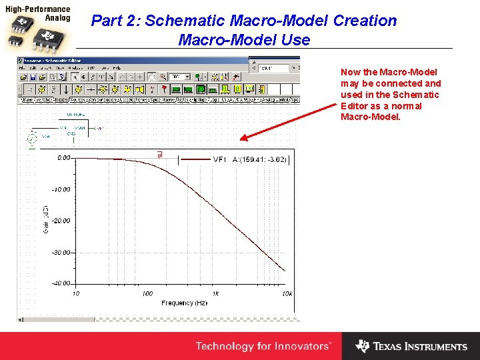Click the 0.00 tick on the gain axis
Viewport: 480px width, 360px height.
point(63,159)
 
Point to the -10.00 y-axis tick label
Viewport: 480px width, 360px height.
point(62,190)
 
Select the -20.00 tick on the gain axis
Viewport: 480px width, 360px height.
point(62,221)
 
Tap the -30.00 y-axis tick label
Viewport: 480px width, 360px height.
point(62,253)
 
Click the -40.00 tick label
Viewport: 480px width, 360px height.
point(62,283)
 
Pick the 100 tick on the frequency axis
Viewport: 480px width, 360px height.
point(147,293)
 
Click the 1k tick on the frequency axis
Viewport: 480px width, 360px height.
point(215,293)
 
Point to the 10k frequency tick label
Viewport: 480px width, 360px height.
point(287,293)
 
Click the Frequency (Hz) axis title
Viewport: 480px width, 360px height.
point(184,303)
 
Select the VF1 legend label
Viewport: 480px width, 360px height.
point(220,160)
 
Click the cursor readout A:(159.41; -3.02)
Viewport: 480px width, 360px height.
point(259,160)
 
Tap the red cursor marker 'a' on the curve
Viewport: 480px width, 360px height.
point(159,155)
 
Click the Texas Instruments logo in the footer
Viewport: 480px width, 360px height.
point(411,346)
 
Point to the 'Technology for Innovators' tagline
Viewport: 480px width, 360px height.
point(263,346)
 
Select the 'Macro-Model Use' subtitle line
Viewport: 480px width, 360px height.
point(244,40)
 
